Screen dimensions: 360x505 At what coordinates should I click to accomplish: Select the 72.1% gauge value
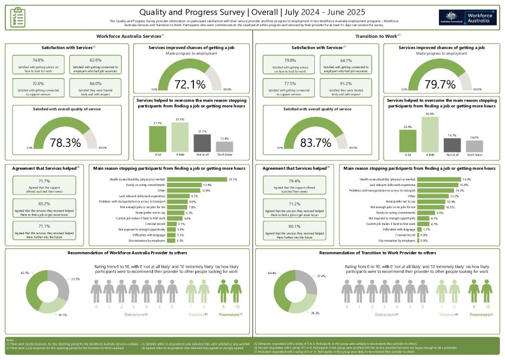coord(190,84)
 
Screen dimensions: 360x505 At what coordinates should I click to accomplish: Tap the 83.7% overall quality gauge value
coord(315,143)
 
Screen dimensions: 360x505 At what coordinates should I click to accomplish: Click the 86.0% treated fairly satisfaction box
coord(95,88)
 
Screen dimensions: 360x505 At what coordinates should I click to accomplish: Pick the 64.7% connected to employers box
coord(346,65)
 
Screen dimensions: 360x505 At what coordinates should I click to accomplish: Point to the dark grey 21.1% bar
coord(202,143)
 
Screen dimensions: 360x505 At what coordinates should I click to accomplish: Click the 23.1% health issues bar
coord(197,179)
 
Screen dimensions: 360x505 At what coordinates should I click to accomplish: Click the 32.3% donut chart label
coord(75,279)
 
